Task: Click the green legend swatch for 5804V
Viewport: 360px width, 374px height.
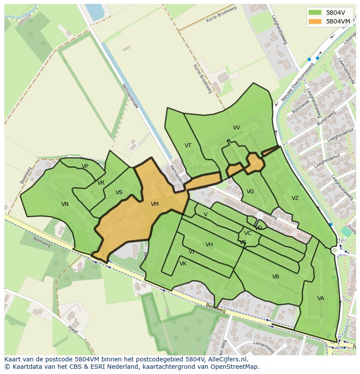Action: click(x=316, y=12)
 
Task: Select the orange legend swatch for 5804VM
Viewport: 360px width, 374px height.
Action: click(x=316, y=21)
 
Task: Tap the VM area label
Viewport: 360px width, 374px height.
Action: click(x=155, y=204)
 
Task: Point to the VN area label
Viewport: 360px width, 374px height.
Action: click(x=65, y=204)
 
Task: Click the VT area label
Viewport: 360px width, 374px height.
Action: click(x=188, y=146)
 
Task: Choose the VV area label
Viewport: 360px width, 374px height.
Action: click(x=237, y=128)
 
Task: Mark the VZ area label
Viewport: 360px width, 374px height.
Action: click(x=295, y=198)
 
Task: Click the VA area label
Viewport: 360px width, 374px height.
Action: click(x=320, y=298)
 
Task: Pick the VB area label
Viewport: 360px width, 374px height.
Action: click(x=276, y=277)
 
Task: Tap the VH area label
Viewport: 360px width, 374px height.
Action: click(x=209, y=245)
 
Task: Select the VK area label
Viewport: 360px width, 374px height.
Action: click(x=183, y=264)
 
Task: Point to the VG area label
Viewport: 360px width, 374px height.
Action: click(x=250, y=192)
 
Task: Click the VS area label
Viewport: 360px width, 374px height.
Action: click(x=119, y=192)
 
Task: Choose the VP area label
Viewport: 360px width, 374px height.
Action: click(x=85, y=166)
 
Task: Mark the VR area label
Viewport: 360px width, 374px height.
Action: click(x=101, y=183)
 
